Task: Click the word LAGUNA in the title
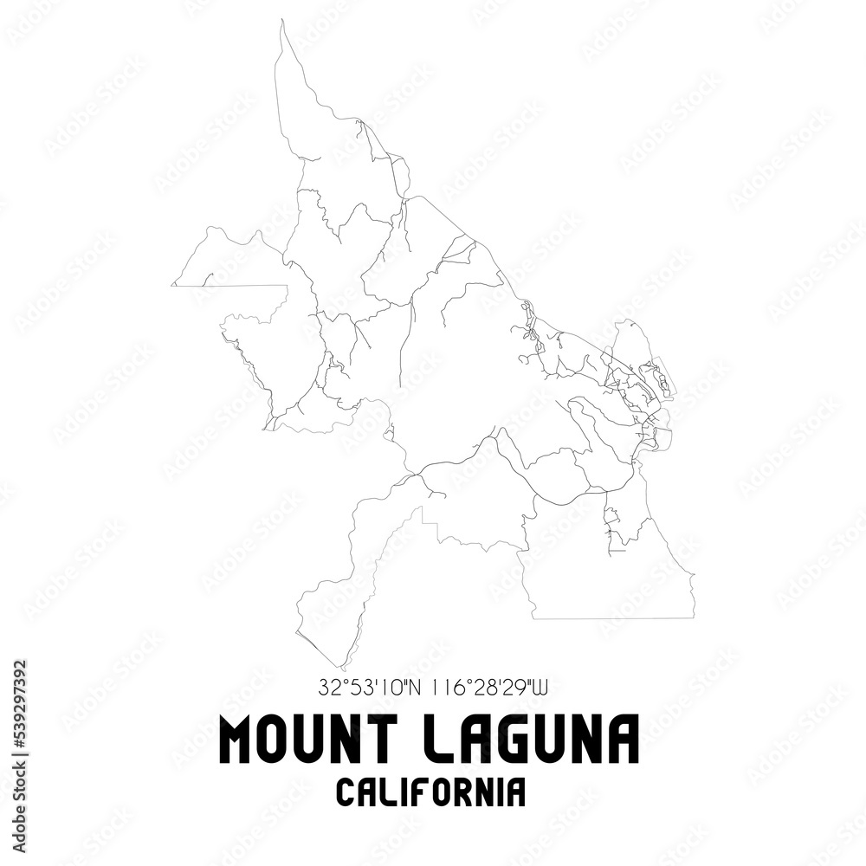click(x=536, y=740)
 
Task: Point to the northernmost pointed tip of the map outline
click(x=282, y=23)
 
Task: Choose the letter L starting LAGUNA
click(x=445, y=740)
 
